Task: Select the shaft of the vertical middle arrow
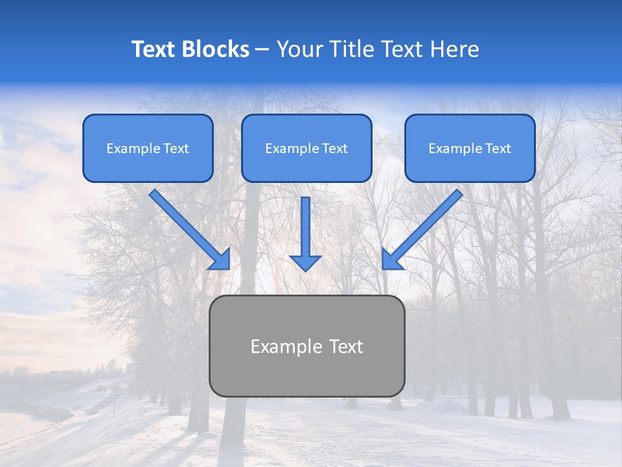[x=305, y=224]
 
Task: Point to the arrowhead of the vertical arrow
[x=305, y=262]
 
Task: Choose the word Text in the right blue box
[x=498, y=149]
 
